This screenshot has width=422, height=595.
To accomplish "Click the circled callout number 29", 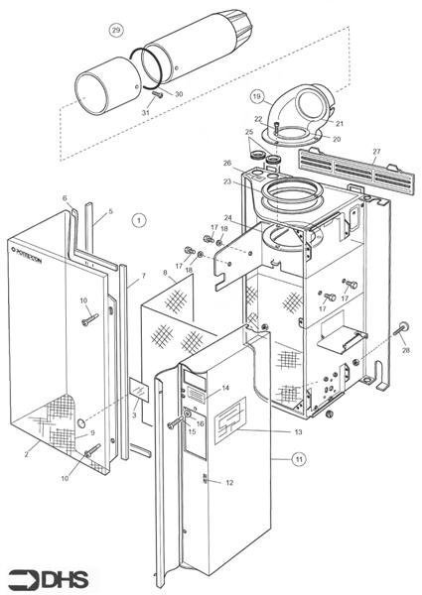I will pyautogui.click(x=116, y=31).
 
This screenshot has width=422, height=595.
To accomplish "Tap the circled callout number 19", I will pyautogui.click(x=256, y=97).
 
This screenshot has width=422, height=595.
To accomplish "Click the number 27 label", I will pyautogui.click(x=375, y=154).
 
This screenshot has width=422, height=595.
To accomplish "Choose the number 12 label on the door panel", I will pyautogui.click(x=229, y=483).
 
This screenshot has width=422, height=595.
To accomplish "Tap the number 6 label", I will pyautogui.click(x=65, y=198).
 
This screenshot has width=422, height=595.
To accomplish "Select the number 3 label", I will pyautogui.click(x=134, y=416).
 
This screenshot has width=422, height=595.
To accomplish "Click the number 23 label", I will pyautogui.click(x=227, y=181).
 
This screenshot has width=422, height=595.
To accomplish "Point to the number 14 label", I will pyautogui.click(x=225, y=388).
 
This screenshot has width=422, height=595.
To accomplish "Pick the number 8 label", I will pyautogui.click(x=165, y=272).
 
